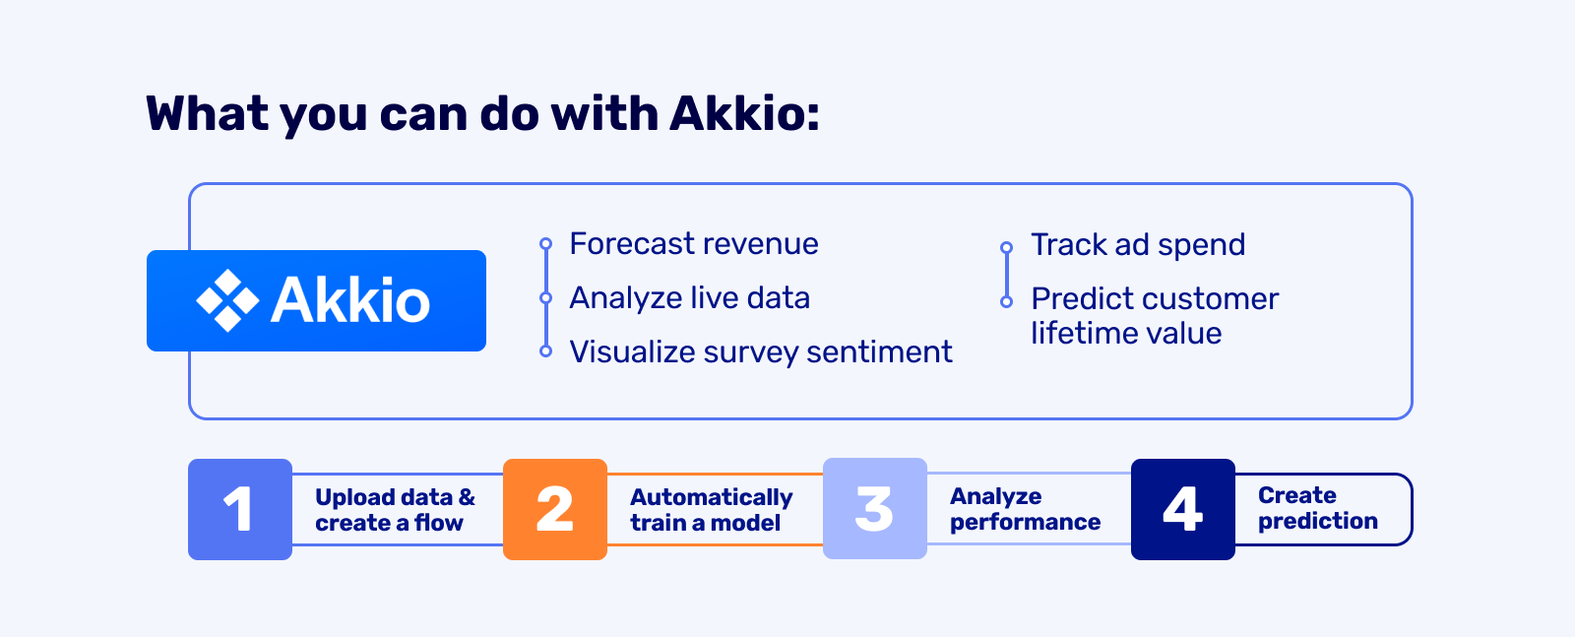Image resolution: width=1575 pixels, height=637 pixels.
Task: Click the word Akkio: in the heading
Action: click(x=744, y=113)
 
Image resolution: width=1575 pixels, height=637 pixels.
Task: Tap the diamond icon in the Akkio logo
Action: click(x=227, y=300)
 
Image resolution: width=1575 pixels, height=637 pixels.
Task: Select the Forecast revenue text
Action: click(x=694, y=244)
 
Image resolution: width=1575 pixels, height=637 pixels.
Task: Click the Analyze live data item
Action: click(x=690, y=298)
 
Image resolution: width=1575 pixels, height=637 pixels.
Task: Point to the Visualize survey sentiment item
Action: click(x=761, y=351)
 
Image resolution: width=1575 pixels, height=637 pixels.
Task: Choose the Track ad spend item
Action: click(x=1138, y=245)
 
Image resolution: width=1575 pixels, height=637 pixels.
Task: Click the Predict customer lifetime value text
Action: click(x=1155, y=316)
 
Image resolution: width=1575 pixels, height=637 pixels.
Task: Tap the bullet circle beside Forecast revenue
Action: click(x=545, y=244)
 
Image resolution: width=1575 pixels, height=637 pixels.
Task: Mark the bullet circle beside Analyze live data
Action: click(x=545, y=298)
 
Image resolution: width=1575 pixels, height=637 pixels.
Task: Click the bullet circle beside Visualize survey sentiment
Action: click(x=545, y=351)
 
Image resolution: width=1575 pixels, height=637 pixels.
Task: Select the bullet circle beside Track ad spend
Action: click(x=1007, y=247)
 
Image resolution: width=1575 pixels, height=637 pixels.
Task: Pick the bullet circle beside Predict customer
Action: click(x=1007, y=301)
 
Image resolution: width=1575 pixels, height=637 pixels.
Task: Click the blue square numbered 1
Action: click(x=240, y=509)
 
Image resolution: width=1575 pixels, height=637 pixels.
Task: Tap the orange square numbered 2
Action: click(x=555, y=509)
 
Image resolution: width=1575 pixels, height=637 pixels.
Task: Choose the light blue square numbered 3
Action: click(x=875, y=508)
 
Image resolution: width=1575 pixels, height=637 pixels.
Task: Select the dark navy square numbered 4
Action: click(x=1182, y=509)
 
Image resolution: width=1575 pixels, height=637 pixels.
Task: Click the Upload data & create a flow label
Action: click(x=395, y=510)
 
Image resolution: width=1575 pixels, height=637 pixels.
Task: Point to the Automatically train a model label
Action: click(x=712, y=510)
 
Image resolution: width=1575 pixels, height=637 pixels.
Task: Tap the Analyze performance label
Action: click(x=1025, y=509)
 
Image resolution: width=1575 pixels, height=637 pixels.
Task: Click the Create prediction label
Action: click(x=1318, y=508)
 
